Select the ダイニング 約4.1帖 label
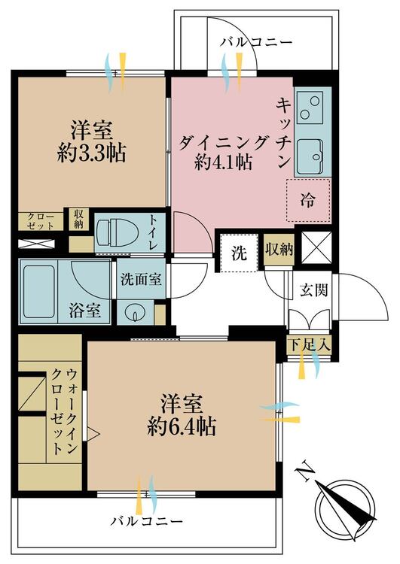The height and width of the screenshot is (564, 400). tap(223, 150)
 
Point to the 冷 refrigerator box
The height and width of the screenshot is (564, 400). tap(308, 200)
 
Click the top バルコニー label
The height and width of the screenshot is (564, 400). tap(255, 42)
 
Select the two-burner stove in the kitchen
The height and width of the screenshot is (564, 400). tap(309, 107)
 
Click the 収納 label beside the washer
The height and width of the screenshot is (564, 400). tap(279, 250)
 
